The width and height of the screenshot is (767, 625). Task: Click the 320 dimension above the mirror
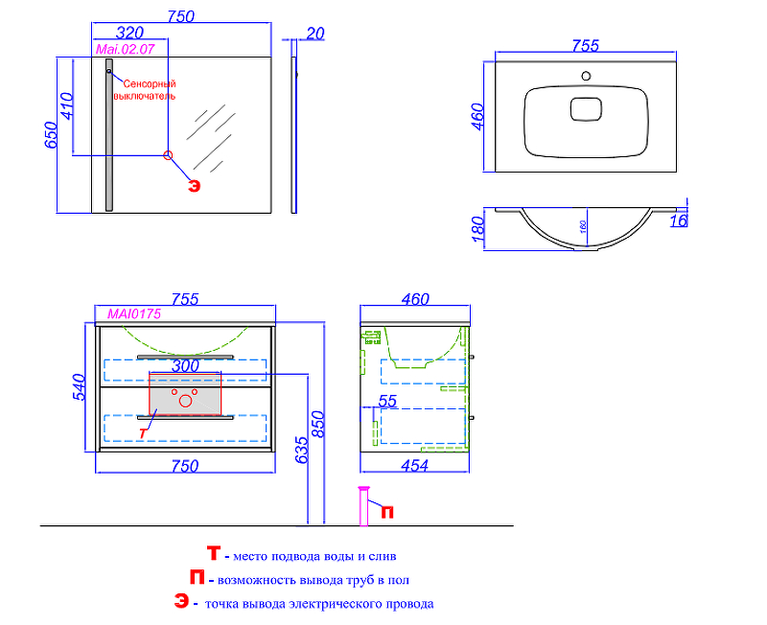(129, 33)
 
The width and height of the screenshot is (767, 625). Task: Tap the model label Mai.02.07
(126, 49)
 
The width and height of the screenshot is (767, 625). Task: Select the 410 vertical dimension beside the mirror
(67, 106)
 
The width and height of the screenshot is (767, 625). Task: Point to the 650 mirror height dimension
(51, 135)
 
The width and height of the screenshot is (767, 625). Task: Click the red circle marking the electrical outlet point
(168, 155)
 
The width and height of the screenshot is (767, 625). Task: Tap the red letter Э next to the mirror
(195, 186)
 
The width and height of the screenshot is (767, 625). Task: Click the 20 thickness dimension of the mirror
(315, 34)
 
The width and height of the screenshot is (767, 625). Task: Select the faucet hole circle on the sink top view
(586, 76)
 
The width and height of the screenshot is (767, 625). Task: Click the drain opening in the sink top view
(586, 109)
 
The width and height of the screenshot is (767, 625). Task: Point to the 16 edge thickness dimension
(679, 220)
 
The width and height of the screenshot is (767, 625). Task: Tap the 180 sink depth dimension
(477, 229)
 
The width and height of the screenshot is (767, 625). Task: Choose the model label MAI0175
(134, 314)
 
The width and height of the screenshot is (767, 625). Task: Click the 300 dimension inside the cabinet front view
(185, 365)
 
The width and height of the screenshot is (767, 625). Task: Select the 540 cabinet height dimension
(79, 387)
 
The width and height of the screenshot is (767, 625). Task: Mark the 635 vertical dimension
(301, 450)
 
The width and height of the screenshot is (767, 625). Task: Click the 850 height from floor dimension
(317, 425)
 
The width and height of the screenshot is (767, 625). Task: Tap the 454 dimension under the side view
(415, 466)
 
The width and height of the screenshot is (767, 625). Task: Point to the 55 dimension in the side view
(387, 401)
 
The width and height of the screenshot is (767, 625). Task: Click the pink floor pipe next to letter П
(363, 506)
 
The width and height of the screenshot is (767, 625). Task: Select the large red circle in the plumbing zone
(185, 401)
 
